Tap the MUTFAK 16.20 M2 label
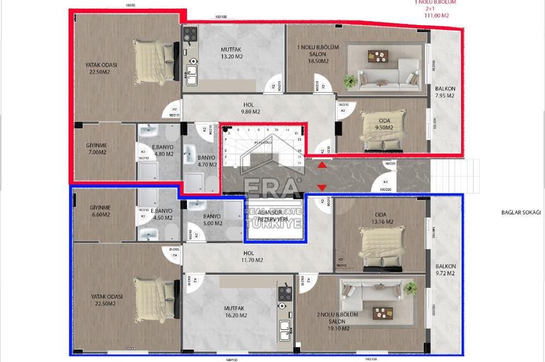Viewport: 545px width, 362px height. tap(235, 311)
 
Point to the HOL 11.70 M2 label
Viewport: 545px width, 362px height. tap(252, 256)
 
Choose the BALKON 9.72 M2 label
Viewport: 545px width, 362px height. tap(445, 269)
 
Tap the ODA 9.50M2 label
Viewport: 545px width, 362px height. tap(384, 124)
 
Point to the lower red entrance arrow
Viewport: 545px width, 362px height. tap(322, 188)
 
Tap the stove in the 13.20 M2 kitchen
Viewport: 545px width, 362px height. tap(190, 35)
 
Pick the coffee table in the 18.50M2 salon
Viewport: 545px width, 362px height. tap(377, 56)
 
